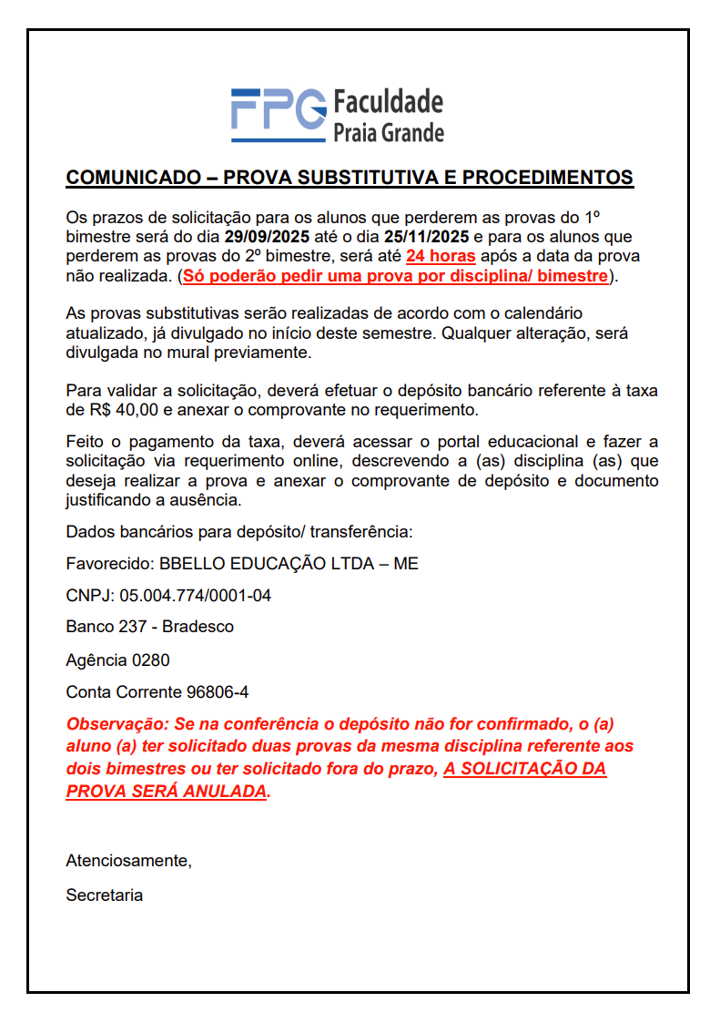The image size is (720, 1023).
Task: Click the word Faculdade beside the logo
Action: click(x=389, y=100)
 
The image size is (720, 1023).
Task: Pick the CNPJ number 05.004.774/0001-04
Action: click(x=196, y=596)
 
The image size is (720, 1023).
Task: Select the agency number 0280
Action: click(x=150, y=660)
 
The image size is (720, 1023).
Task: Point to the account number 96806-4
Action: click(x=218, y=692)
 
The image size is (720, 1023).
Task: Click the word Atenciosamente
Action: click(x=128, y=860)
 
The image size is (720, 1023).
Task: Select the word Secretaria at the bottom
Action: click(x=104, y=895)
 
